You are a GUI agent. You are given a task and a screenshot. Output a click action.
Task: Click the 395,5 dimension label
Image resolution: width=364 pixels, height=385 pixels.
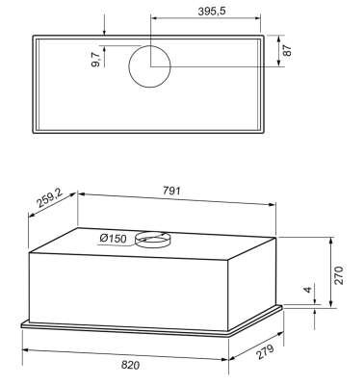coord(212,12)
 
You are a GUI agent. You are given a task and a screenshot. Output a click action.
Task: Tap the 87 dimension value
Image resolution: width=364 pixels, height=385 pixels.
coord(287,50)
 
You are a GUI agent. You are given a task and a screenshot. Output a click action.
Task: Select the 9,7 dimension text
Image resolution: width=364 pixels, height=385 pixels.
coord(96,60)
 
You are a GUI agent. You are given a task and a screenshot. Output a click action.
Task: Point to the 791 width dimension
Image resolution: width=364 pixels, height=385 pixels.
coord(171,191)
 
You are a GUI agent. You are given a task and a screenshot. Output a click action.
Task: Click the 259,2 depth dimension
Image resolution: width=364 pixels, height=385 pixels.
coord(50,199)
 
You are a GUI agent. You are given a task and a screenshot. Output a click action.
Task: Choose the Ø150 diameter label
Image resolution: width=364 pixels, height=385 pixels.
coord(113,239)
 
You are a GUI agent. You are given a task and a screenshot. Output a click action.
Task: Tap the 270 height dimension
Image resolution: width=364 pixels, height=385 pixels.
coord(339,275)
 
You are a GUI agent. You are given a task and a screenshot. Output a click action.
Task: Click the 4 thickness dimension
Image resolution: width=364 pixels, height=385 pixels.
coord(307,290)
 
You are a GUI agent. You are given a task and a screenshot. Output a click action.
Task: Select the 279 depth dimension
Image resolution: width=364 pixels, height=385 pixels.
coord(265,352)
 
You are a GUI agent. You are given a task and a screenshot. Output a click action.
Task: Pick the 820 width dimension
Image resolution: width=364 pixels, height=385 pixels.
coord(131,365)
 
